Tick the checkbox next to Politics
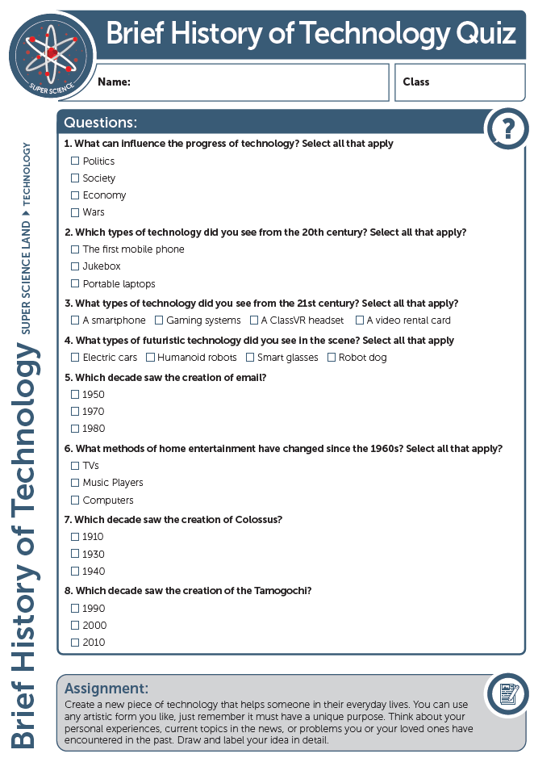point(75,161)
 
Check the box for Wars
point(75,212)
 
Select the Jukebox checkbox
point(75,266)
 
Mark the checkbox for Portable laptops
point(75,284)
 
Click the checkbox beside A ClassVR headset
point(254,320)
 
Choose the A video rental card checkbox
point(360,320)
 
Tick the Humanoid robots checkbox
point(150,358)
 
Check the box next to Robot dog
point(332,358)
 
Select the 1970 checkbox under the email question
point(75,412)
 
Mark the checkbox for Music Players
point(75,483)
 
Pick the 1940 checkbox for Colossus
point(75,572)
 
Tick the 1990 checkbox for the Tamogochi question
point(75,609)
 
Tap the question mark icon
point(507,128)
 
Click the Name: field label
point(114,82)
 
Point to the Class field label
point(416,82)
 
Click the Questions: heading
point(100,123)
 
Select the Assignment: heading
point(106,689)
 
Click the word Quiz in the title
point(486,34)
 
